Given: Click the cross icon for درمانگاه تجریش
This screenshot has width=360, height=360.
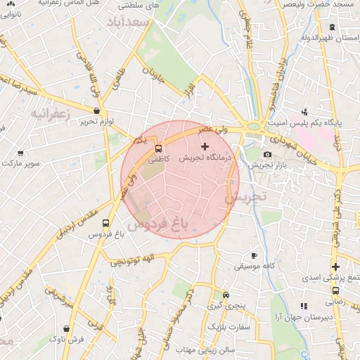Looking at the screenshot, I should click(x=205, y=147).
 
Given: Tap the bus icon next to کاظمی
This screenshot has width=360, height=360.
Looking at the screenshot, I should click(x=158, y=149).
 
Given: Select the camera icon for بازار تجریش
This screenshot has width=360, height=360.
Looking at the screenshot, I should click(x=267, y=155).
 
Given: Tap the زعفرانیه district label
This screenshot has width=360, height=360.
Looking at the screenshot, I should click(x=50, y=112).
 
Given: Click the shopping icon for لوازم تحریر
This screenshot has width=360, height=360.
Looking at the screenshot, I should click(x=96, y=110).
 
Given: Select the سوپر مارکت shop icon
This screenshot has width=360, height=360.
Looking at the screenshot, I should click(x=20, y=153).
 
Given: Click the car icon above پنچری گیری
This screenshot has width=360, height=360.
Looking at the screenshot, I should click(x=226, y=295).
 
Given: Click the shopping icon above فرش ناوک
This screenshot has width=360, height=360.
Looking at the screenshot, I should click(x=67, y=328).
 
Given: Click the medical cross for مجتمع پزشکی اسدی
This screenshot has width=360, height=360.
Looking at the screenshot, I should click(x=336, y=266).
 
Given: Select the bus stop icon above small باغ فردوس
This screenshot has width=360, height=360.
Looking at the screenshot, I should click(x=105, y=224).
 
